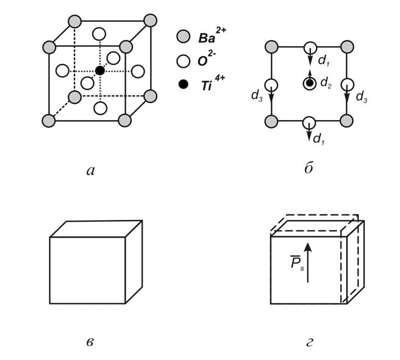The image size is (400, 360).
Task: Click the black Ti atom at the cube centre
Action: point(100,71)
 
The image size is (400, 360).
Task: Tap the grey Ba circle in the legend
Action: point(182,36)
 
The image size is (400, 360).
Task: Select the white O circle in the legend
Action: point(182,61)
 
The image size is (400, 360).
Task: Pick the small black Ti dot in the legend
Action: point(182,86)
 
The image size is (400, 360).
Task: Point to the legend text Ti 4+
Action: point(209,85)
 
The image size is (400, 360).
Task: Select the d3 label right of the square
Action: point(361,96)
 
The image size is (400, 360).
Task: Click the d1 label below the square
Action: point(318,139)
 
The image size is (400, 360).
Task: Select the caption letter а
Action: point(91,171)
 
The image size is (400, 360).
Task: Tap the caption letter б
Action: point(309,169)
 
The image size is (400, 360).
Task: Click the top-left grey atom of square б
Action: point(272,47)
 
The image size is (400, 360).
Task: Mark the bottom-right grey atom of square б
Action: point(347,121)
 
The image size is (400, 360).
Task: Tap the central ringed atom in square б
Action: point(310,83)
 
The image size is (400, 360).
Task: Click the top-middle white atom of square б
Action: point(310,48)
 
